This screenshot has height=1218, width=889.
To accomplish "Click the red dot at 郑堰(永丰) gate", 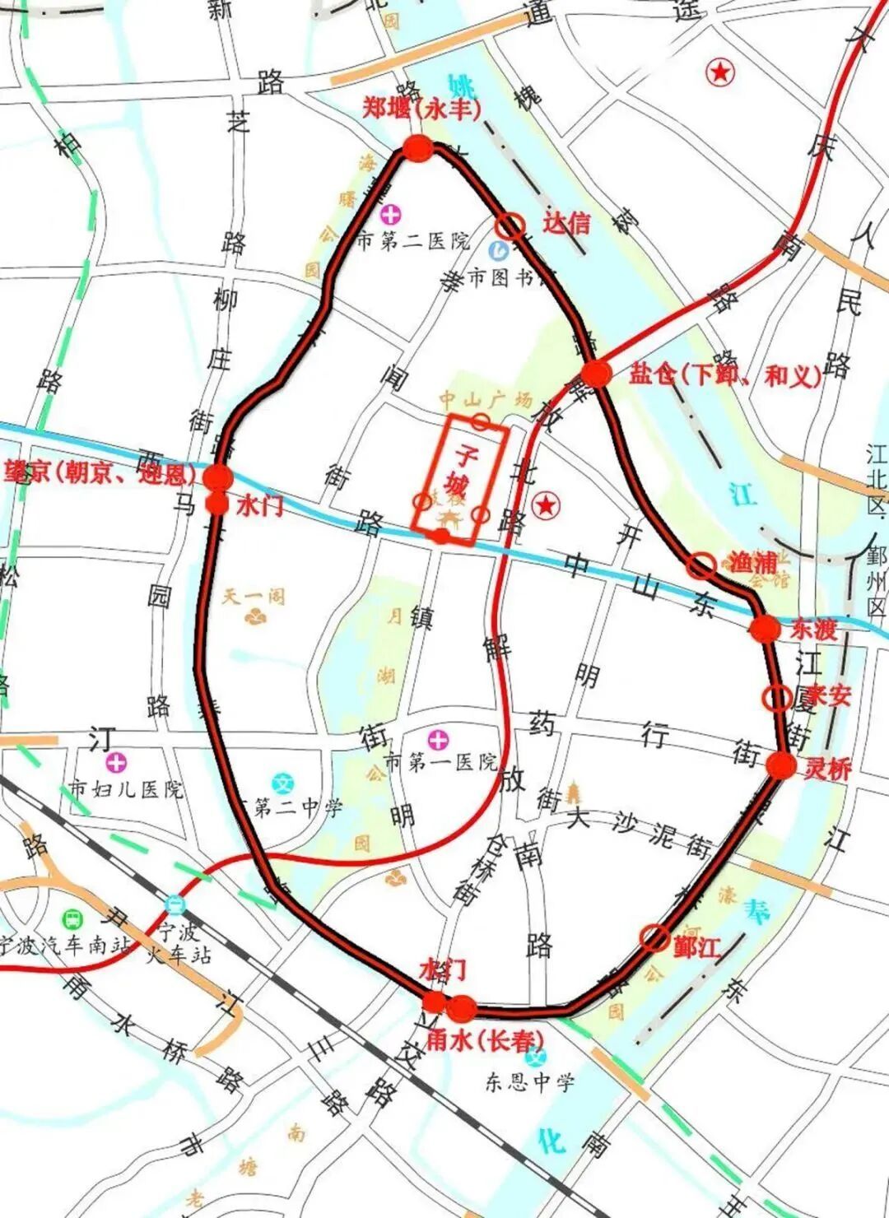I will pos(418,149).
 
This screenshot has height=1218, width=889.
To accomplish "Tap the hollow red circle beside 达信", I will pos(510,225).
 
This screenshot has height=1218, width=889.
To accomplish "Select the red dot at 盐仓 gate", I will pos(597,374).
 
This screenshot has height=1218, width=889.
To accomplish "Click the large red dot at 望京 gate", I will pos(218,477).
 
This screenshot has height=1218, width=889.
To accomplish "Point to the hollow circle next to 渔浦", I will pos(701,565).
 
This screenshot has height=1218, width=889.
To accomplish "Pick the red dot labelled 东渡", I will pos(765,629).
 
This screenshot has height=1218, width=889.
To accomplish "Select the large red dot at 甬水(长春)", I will pos(462,1007).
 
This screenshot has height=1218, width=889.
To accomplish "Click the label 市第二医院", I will pos(414,241).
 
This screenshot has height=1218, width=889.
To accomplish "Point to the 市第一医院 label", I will pos(441,762).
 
